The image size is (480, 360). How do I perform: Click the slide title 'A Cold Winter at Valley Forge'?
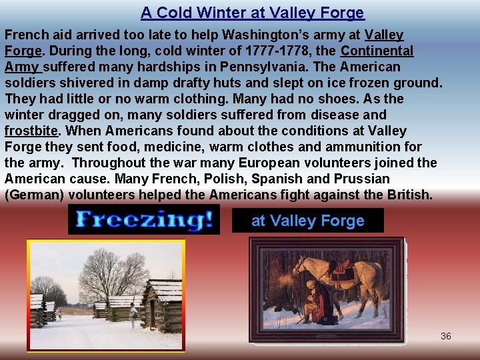coord(252,13)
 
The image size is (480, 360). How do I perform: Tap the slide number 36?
coord(446,336)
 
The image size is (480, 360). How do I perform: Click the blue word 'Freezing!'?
coord(144,219)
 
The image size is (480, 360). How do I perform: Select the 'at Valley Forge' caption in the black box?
coord(307,221)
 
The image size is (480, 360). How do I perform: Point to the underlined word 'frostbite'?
coord(31,131)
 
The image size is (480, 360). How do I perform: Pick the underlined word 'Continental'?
coord(377,51)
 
